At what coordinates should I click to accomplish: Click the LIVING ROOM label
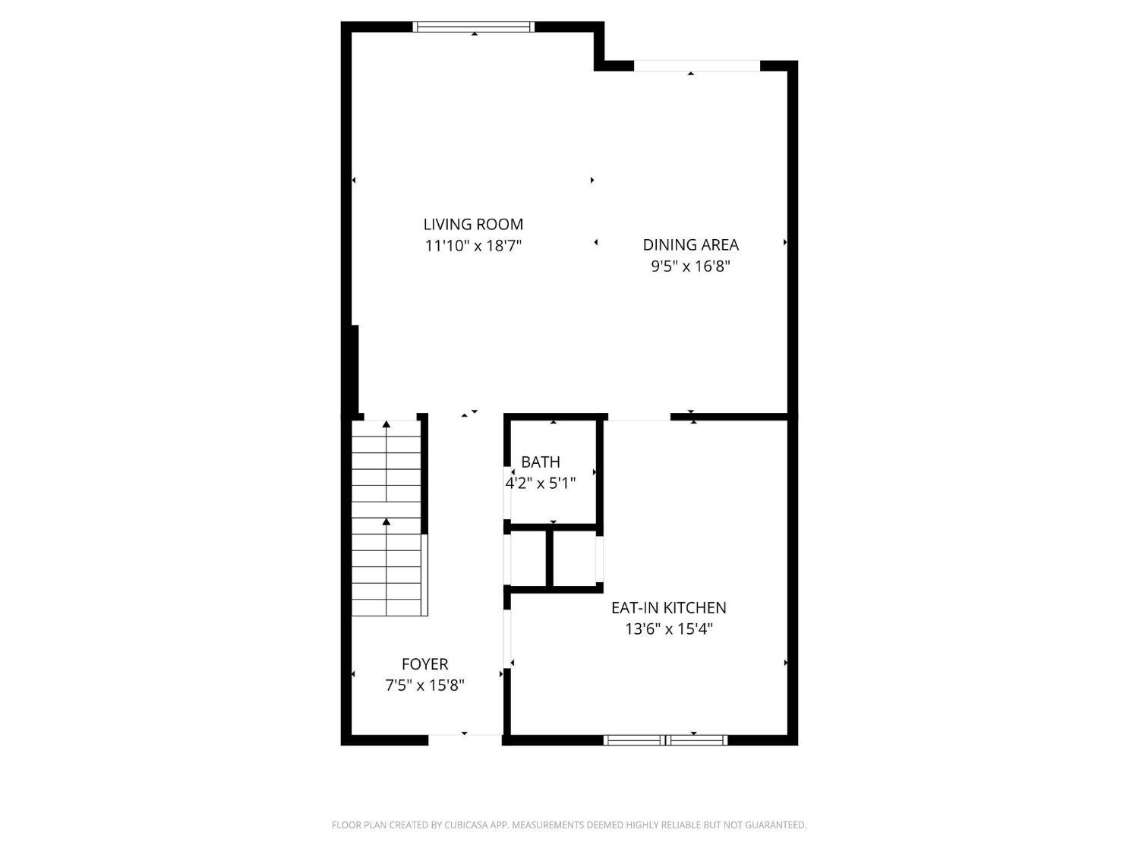[473, 224]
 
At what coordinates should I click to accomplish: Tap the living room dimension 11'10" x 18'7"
[473, 246]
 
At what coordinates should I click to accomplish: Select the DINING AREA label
[690, 244]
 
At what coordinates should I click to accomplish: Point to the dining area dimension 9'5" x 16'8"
[690, 266]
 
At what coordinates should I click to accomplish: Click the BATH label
[541, 462]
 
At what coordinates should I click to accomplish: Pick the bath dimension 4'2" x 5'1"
[541, 483]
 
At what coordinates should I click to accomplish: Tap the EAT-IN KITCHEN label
[668, 607]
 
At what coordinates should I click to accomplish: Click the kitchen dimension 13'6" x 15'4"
[668, 629]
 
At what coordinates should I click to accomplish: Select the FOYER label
[424, 664]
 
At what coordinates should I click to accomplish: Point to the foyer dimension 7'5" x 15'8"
[424, 685]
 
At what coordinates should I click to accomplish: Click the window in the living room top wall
[473, 27]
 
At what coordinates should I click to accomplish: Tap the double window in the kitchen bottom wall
[665, 740]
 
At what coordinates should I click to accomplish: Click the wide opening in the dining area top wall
[696, 66]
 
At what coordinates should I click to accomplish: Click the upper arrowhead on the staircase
[387, 424]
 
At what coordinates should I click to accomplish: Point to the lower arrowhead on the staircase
[387, 522]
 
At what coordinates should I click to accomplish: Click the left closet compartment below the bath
[528, 558]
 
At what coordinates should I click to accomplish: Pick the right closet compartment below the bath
[575, 558]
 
